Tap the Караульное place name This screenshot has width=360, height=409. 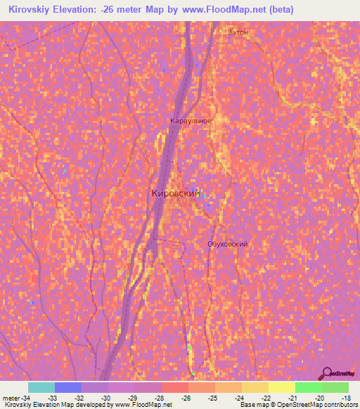(191, 121)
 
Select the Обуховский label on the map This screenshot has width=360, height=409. (227, 244)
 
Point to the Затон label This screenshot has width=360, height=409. (238, 32)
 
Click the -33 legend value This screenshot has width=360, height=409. (52, 398)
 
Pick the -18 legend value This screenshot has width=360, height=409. (345, 398)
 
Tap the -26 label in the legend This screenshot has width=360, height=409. (186, 398)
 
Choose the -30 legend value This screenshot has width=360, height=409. (105, 398)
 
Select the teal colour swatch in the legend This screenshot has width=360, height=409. (41, 387)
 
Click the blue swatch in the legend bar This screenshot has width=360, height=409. (67, 387)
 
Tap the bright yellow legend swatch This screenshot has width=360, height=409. (281, 387)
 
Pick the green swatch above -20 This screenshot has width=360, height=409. (308, 387)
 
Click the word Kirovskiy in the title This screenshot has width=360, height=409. (30, 9)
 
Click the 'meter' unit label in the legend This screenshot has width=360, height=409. (12, 398)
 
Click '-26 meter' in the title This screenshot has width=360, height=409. (122, 9)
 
